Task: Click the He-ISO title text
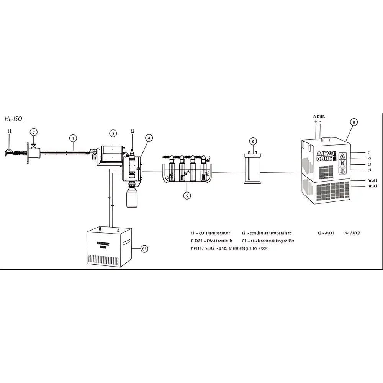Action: point(13,119)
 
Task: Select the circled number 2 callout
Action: point(34,132)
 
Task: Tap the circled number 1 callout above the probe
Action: point(73,137)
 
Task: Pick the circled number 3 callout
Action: point(113,133)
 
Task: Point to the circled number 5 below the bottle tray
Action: point(187,196)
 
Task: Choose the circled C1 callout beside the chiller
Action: point(144,249)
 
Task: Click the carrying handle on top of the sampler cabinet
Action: point(326,139)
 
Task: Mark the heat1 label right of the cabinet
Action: point(373,180)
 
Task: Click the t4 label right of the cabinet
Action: point(369,170)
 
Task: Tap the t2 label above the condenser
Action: point(133,131)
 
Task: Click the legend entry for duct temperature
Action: point(211,233)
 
